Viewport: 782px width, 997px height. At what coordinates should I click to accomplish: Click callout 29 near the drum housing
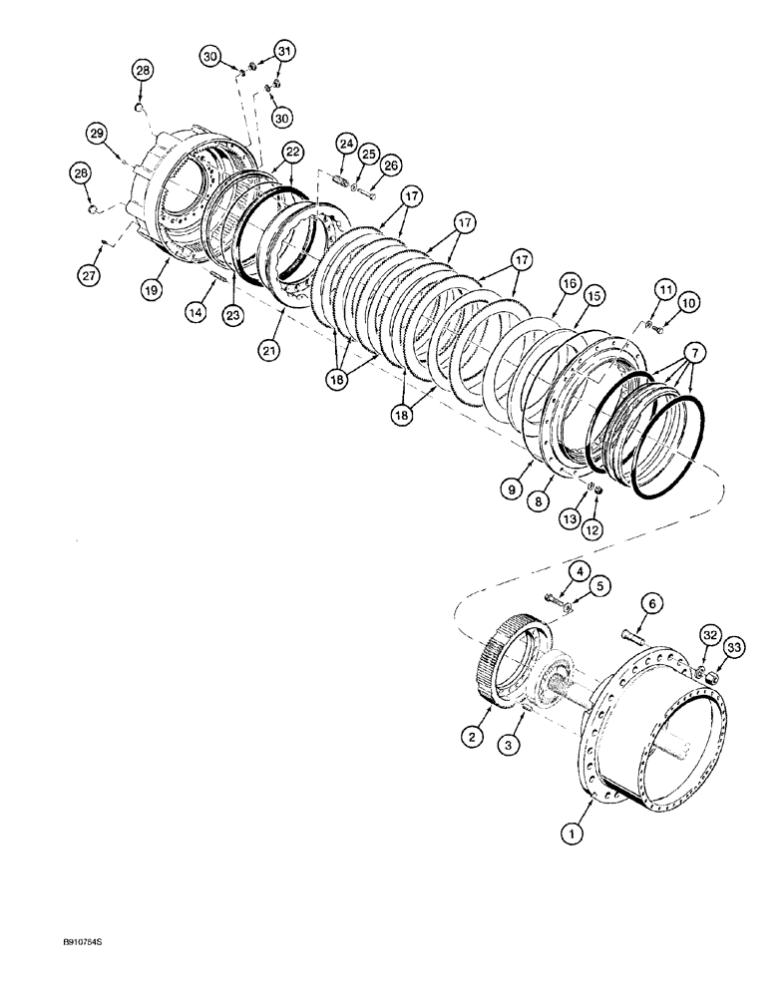click(96, 133)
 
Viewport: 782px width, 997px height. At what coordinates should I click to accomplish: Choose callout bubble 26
click(390, 165)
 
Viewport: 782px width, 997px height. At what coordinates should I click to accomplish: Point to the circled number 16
click(569, 283)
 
